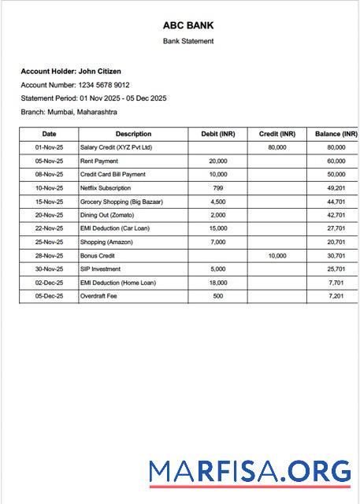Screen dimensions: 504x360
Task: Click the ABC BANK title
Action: point(188,25)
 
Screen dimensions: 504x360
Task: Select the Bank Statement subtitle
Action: point(188,41)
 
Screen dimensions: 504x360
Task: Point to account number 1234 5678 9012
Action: point(103,84)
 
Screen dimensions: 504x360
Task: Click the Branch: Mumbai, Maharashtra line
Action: point(69,112)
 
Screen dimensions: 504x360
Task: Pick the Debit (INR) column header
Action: point(218,134)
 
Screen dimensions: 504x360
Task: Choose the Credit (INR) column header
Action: point(276,134)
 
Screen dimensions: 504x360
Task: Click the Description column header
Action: point(133,134)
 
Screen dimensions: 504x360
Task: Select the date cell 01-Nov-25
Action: point(49,147)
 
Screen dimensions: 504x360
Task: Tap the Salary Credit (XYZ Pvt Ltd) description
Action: point(116,147)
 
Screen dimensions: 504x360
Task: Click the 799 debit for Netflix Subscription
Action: point(218,188)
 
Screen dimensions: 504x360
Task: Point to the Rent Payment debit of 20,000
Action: point(218,161)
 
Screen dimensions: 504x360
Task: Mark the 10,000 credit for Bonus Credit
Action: point(277,256)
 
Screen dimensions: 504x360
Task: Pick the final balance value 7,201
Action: point(336,296)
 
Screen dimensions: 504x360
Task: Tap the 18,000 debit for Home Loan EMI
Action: point(218,283)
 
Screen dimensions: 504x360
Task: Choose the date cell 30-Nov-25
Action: point(49,269)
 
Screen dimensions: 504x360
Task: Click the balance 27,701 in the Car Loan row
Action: point(336,228)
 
